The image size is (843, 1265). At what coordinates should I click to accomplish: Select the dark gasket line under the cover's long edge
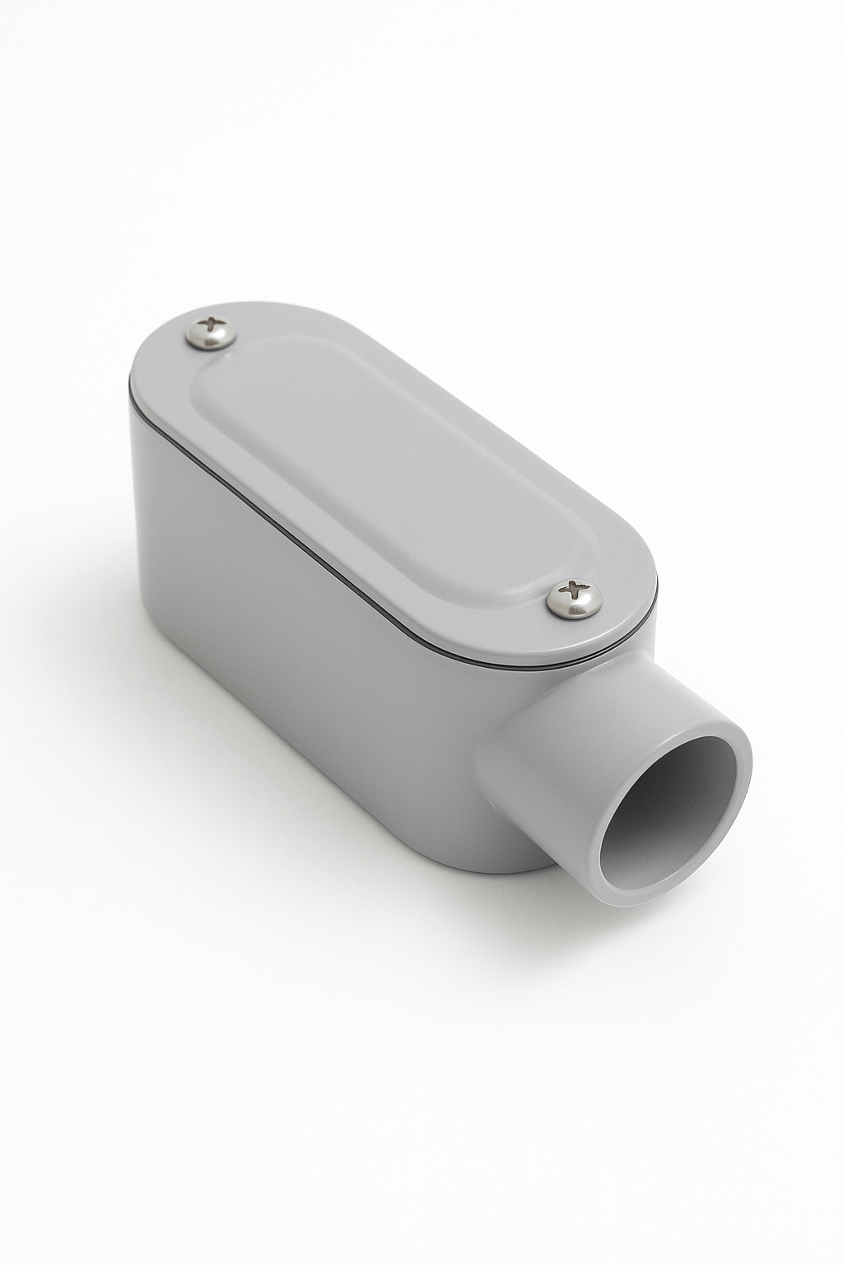(x=346, y=568)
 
